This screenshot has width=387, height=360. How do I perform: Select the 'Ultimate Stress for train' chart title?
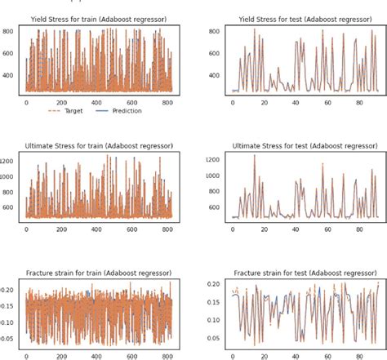point(100,144)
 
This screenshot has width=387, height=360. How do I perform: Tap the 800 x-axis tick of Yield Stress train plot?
point(168,103)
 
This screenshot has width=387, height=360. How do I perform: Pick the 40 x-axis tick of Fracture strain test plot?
point(281,356)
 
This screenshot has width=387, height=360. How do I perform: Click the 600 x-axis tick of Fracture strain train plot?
point(133,356)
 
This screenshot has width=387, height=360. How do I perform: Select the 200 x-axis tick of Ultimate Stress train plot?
point(62,229)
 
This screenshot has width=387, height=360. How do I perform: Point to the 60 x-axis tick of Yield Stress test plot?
point(305,103)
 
